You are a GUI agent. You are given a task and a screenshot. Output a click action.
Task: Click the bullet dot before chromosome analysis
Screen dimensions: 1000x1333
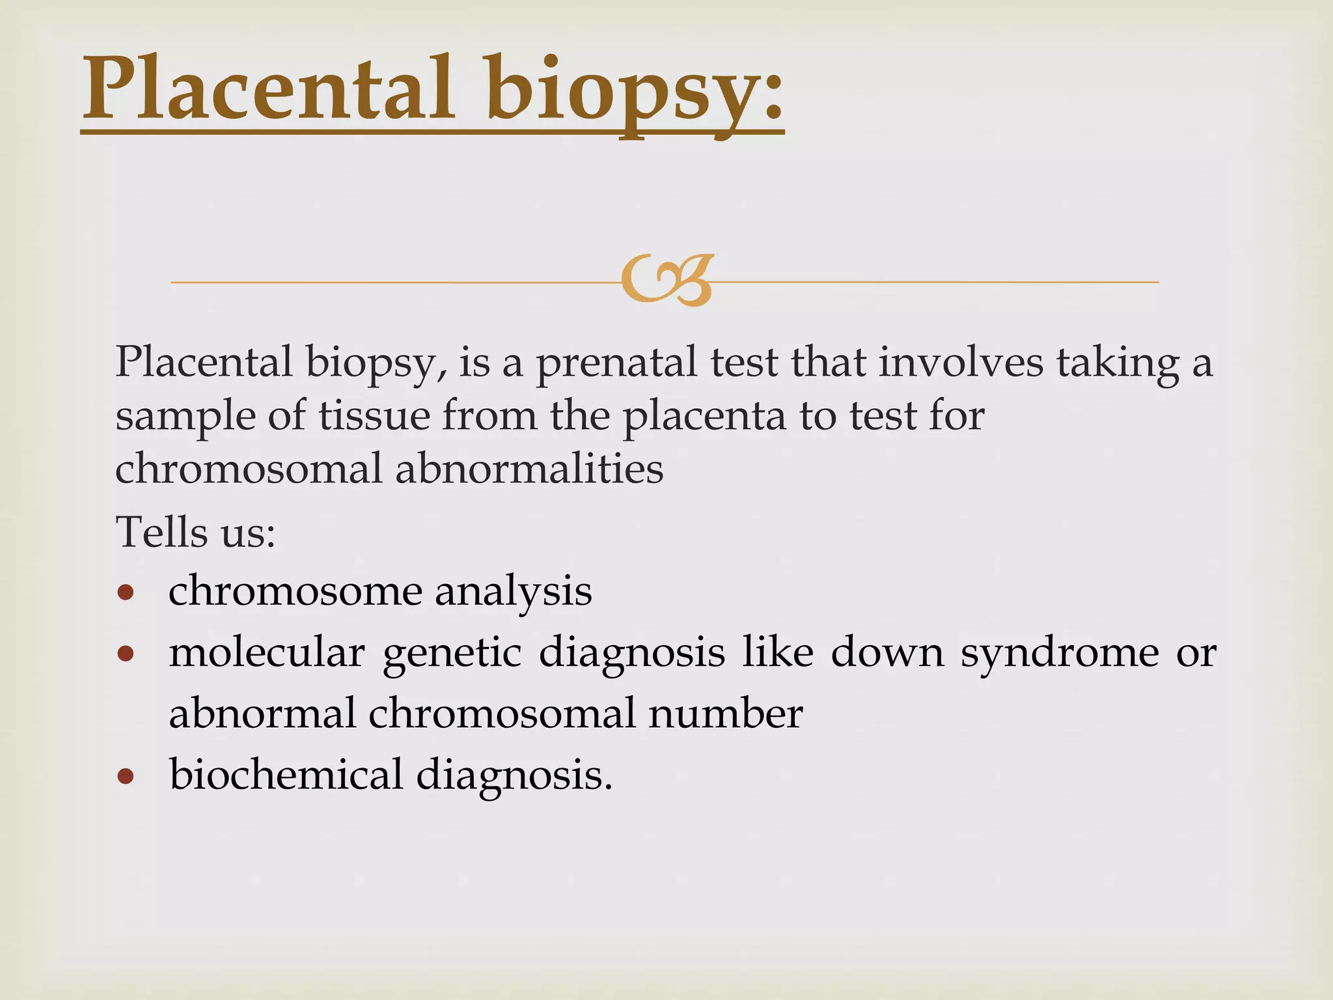126,592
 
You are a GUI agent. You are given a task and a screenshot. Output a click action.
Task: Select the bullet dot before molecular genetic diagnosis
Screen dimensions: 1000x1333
126,654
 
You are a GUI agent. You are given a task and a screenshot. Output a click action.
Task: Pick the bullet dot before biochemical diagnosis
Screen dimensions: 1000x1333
126,776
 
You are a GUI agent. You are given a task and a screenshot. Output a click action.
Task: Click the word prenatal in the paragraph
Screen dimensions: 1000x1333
616,363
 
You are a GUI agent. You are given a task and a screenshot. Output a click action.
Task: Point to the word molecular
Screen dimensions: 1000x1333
266,652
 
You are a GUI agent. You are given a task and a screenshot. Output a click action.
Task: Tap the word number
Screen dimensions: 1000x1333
725,714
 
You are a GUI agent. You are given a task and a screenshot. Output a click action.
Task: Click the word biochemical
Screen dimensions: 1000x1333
286,775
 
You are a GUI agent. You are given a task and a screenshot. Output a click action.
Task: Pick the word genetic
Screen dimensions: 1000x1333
452,654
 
